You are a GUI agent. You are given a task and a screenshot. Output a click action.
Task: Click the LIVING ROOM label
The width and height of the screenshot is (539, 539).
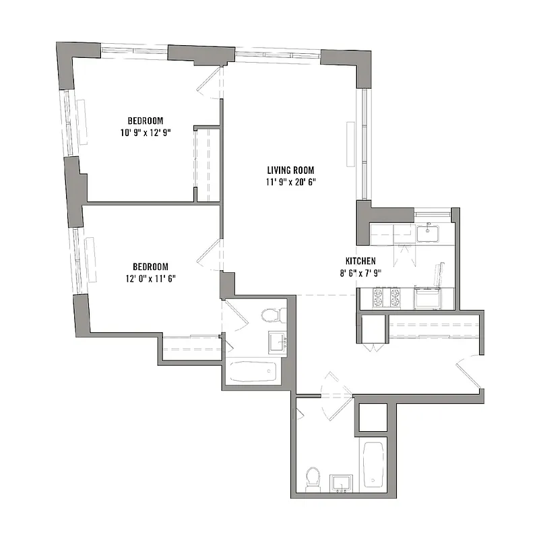[x=290, y=170]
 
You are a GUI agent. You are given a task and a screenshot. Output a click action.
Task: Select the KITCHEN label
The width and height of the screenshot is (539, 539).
[x=360, y=261]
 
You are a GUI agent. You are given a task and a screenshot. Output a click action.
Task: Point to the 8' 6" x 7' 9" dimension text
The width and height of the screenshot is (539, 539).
[x=360, y=273]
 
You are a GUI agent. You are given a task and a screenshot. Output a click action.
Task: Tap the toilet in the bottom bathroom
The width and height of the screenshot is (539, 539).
[x=311, y=478]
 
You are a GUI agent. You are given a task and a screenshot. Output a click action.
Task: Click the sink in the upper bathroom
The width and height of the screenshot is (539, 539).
[x=277, y=342]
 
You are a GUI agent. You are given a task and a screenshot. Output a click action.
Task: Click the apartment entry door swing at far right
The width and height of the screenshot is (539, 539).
[x=470, y=374]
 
